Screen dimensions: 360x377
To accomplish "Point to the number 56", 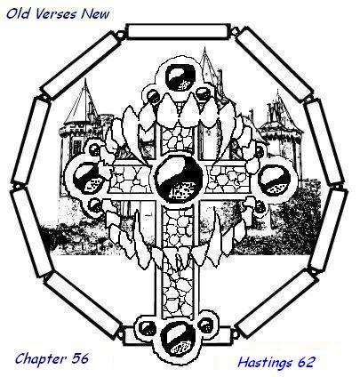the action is coord(80,358).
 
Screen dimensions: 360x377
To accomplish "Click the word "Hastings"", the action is coord(265,363).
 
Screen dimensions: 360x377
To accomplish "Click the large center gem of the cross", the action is coord(179,177).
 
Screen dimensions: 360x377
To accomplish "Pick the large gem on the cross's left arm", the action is coord(89,179).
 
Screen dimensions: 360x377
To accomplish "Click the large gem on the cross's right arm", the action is coord(275,179).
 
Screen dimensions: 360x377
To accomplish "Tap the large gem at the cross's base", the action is coord(177,339).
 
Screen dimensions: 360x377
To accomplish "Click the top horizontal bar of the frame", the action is coord(179,31).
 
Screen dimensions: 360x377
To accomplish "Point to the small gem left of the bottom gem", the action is coord(147,328).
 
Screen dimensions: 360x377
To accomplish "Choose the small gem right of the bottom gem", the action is coord(205,325).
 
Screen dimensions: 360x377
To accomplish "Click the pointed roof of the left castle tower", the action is coord(84,101).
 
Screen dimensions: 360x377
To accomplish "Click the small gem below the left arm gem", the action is coord(95,205).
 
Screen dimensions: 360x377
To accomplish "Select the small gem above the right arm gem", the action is coord(260,151).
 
